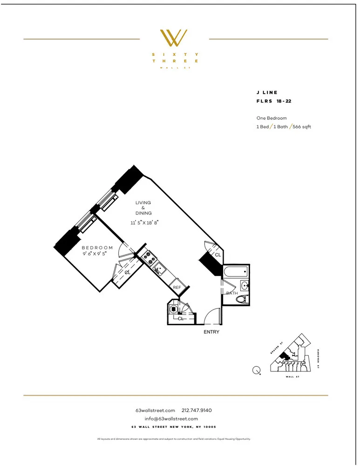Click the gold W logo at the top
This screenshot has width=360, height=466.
pos(174,38)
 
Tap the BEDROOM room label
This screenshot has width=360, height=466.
pos(97,248)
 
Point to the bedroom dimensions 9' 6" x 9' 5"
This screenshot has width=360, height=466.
pos(97,254)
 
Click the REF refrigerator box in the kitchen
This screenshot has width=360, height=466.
pos(177,288)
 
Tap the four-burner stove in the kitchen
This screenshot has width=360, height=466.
pos(149,256)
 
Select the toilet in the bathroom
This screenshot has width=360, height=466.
pos(241,300)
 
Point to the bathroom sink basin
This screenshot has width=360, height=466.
pos(244,285)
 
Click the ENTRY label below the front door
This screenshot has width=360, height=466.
pos(211,332)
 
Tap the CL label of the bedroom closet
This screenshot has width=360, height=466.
pos(127,273)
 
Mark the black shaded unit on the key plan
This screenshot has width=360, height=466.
pos(284,357)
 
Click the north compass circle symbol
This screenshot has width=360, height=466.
pos(256,370)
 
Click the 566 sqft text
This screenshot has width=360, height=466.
pos(302,127)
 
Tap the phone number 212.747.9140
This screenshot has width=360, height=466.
pos(197,411)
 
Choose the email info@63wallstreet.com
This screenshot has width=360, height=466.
pos(175,418)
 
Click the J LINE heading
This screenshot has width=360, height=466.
pos(267,93)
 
